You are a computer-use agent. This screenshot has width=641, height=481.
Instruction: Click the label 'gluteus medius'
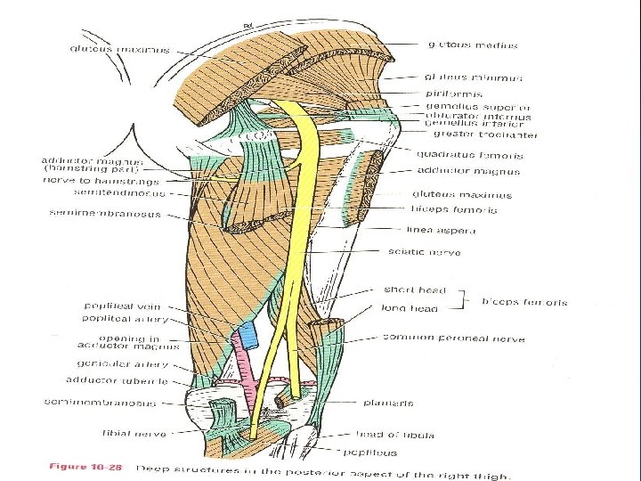pos(472,45)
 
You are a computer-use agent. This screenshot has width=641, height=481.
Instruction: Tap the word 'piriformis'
pos(454,93)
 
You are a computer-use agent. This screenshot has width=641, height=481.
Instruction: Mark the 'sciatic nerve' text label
pos(425,252)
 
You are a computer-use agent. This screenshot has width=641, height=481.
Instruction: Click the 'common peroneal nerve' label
pos(454,338)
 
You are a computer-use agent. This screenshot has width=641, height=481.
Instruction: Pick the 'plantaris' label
pos(388,403)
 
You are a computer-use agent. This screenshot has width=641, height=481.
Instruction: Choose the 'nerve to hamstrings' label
pos(101,181)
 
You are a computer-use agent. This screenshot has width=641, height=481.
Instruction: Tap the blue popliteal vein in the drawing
pos(247,337)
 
